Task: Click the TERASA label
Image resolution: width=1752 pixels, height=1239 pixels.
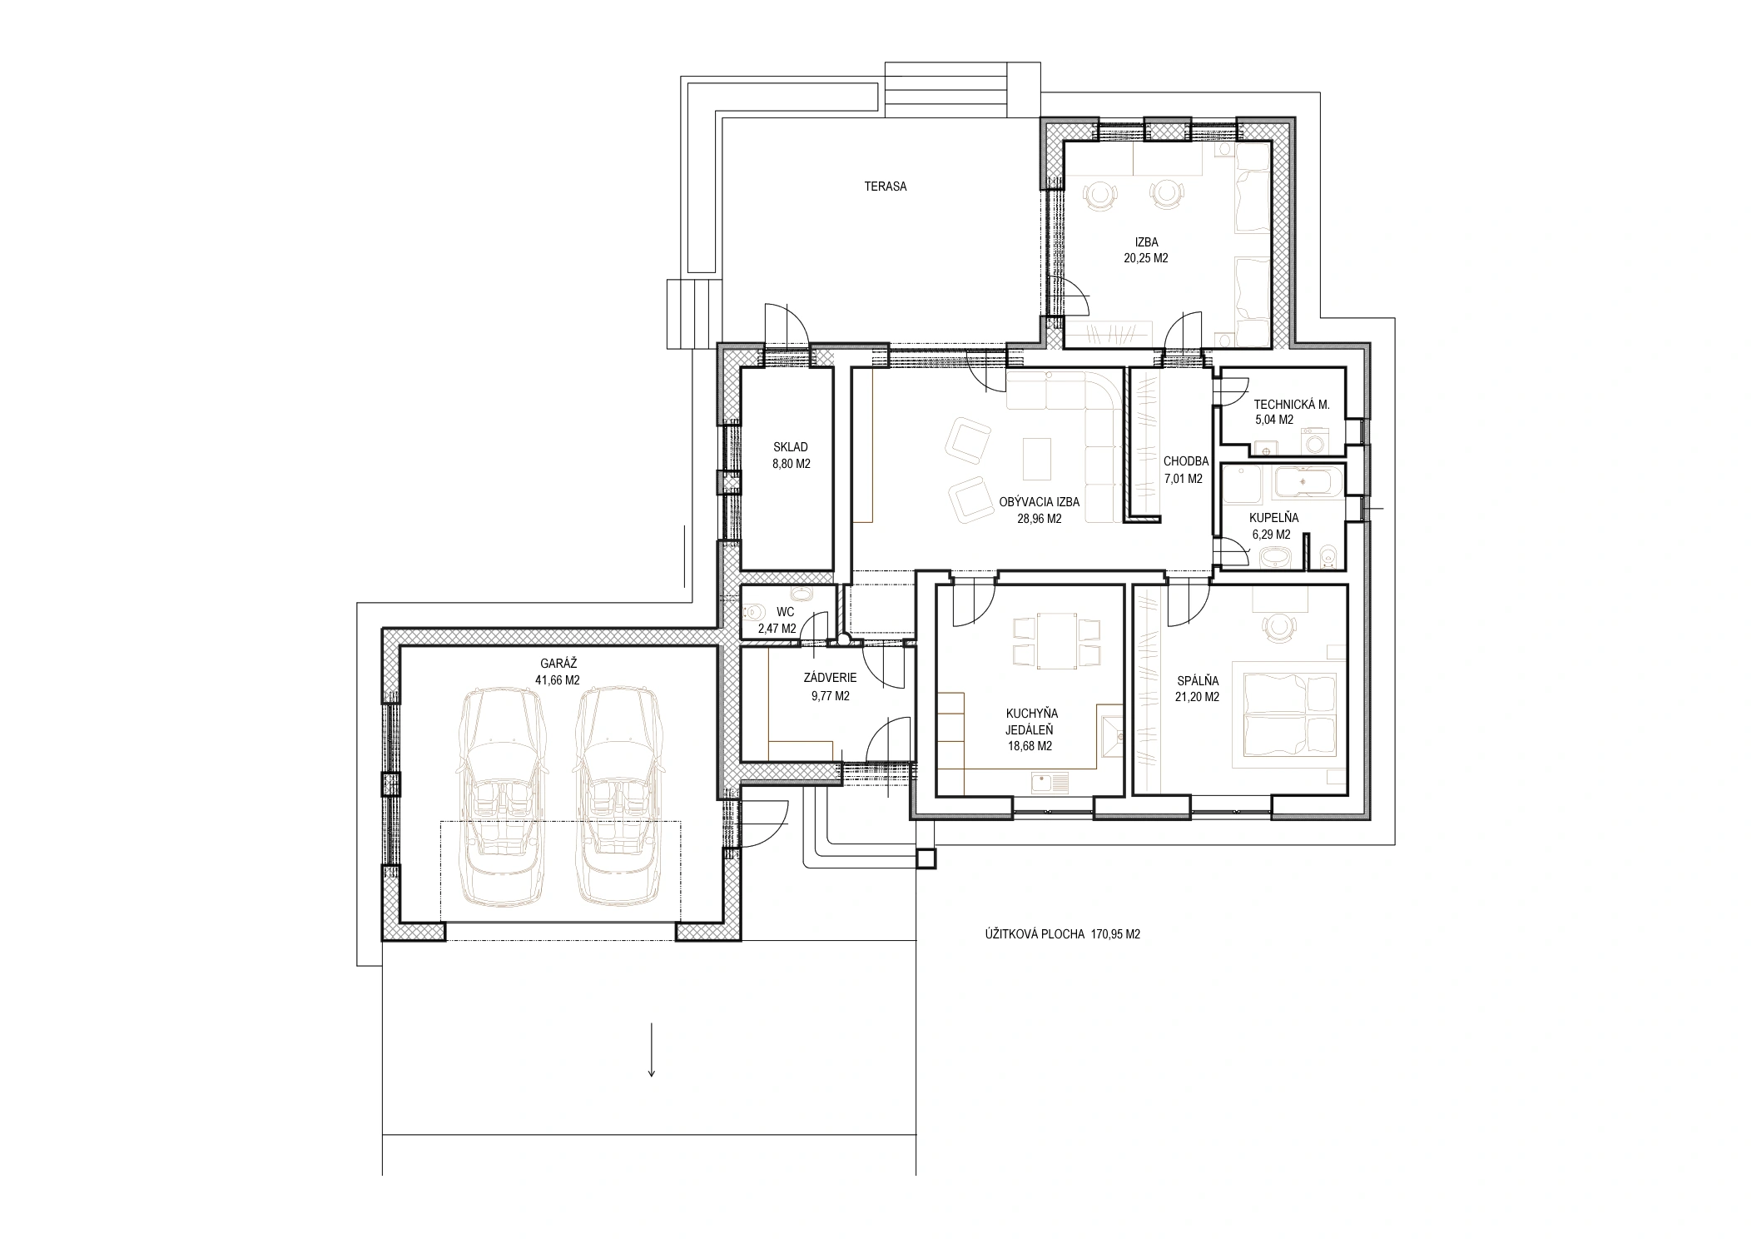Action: pos(885,187)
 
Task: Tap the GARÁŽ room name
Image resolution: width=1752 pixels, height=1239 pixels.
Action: pos(558,664)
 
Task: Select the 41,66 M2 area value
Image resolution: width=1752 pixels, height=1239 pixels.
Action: pos(558,679)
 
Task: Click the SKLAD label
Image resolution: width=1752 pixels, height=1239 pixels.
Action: pos(790,448)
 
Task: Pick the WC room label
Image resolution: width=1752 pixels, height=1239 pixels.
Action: pos(785,613)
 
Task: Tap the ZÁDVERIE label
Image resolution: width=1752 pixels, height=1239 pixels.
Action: pos(825,679)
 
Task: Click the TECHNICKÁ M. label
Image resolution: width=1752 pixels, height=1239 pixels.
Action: pos(1292,405)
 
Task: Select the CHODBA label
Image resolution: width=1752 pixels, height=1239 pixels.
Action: pos(1185,462)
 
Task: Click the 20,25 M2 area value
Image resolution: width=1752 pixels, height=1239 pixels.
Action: pos(1146,258)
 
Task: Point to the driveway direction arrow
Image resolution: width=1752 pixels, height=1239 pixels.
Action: pos(652,1048)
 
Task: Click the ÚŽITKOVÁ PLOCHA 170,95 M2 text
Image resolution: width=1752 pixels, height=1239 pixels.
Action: pos(1061,934)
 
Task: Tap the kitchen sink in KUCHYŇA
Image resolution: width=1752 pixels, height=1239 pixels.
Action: pos(1050,782)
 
